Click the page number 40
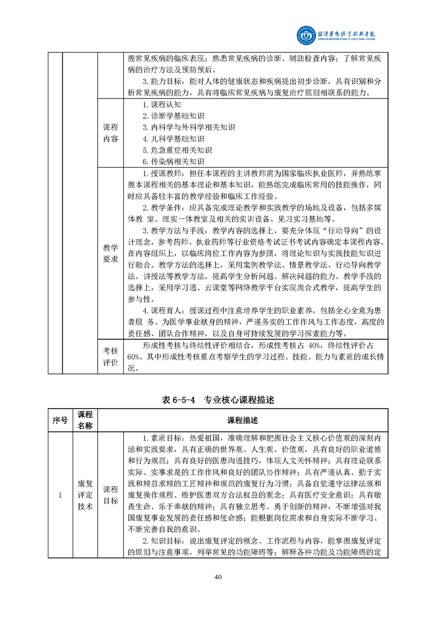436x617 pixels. [218, 577]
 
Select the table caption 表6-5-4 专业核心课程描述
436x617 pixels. [218, 400]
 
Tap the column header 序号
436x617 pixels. [60, 420]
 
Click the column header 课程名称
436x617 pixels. [85, 420]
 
